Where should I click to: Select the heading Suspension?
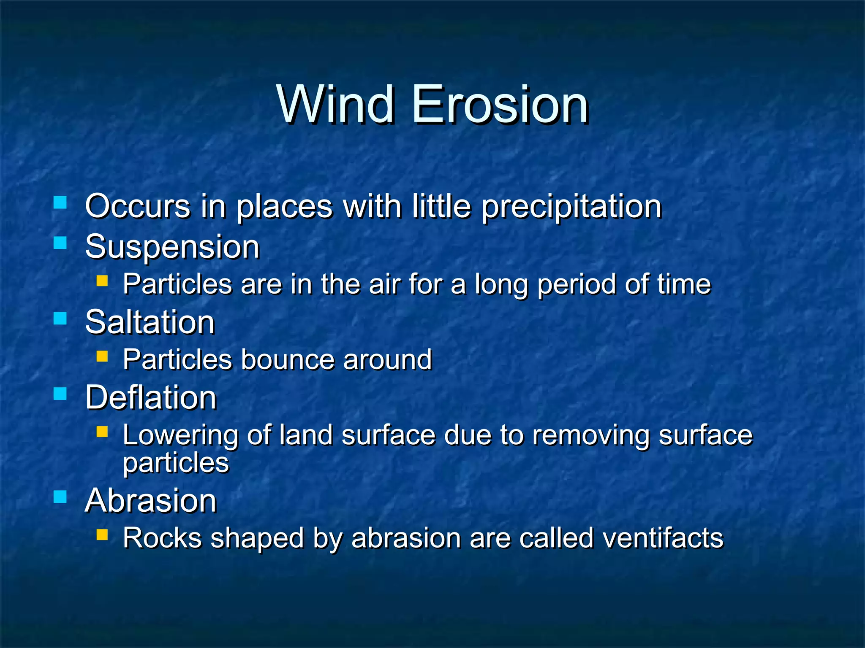tap(172, 247)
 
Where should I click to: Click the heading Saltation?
tap(150, 322)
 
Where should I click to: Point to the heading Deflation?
tap(151, 398)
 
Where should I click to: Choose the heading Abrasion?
tap(151, 501)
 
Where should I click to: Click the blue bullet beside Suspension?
tap(60, 243)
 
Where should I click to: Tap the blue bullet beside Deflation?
tap(60, 394)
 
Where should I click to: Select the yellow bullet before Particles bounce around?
tap(102, 356)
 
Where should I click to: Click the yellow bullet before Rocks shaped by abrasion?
tap(102, 535)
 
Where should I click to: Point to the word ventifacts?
tap(663, 538)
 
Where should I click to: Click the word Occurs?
tap(138, 207)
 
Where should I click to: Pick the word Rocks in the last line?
tap(162, 538)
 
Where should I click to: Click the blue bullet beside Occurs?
tap(60, 202)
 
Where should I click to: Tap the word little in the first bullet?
tap(441, 207)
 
